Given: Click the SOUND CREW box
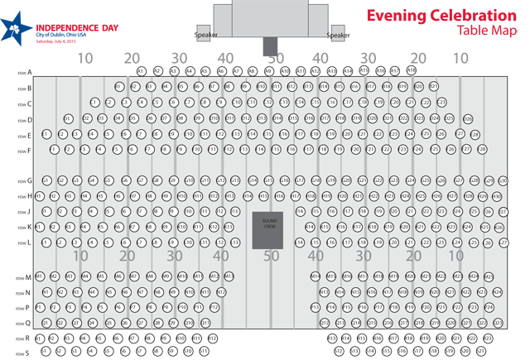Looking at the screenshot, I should pos(267,228).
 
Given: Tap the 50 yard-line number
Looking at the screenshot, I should pos(270,257).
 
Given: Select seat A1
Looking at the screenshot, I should pos(142,71).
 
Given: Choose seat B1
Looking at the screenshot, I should pos(118,86).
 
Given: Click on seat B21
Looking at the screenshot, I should pos(433,86).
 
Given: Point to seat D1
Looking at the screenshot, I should pos(66,118).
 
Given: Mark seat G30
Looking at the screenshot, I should pos(502,180).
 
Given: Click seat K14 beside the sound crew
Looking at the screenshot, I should pos(311,227).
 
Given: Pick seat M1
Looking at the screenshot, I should pos(39,276).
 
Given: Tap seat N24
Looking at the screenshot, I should pos(497,292).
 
